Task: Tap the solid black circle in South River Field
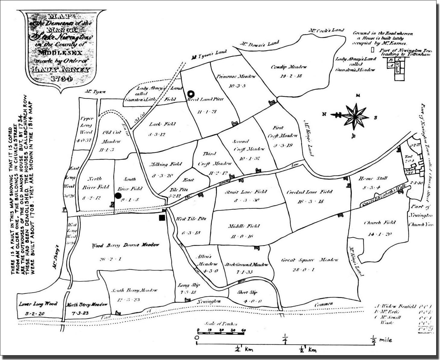[x=118, y=196]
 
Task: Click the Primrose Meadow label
[x=236, y=76]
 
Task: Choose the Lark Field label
[x=162, y=124]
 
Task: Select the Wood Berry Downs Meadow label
[x=125, y=245]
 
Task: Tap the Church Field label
[x=379, y=223]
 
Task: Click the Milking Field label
[x=166, y=164]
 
